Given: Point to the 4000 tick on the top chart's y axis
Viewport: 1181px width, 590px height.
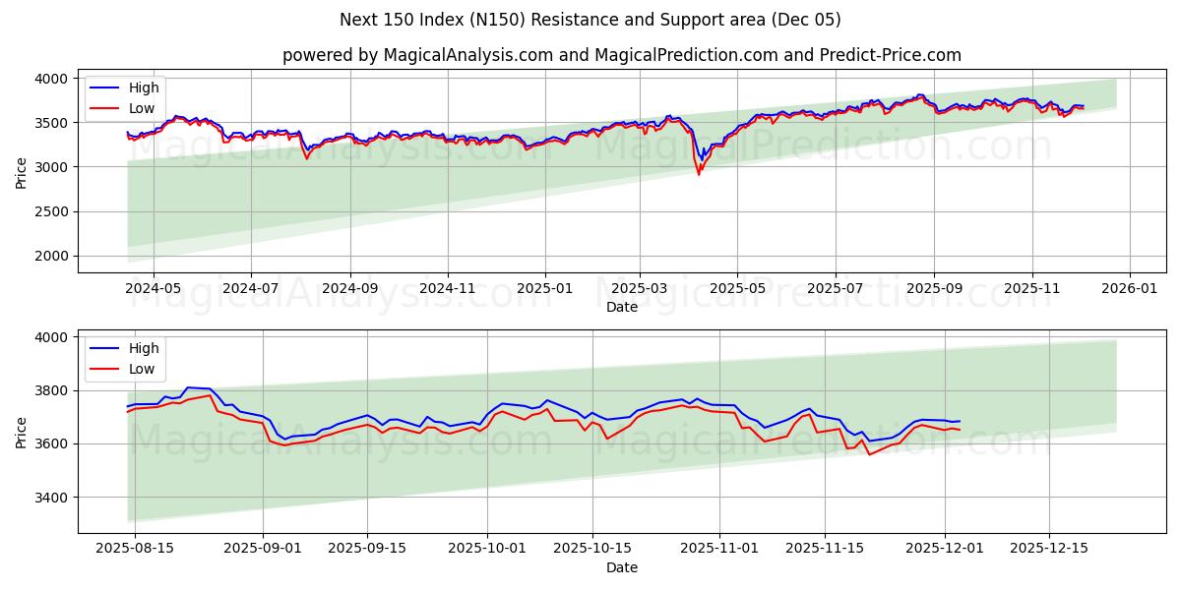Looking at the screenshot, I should (51, 79).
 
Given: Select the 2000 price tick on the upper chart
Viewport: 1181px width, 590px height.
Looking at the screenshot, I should (51, 256).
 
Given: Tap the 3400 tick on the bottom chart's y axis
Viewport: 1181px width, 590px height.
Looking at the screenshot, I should (51, 498).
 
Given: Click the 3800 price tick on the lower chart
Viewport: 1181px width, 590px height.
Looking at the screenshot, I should (51, 390).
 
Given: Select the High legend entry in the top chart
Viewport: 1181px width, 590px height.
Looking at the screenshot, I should (144, 88).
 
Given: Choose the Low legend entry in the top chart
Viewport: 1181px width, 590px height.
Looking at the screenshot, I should (142, 108).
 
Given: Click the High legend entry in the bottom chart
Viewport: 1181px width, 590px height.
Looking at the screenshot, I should (144, 348).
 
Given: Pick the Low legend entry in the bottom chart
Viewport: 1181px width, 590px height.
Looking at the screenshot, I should (142, 369).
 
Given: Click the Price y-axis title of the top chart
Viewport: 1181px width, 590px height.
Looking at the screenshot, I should (22, 171).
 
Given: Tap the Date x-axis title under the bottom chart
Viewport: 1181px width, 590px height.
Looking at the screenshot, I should (621, 567).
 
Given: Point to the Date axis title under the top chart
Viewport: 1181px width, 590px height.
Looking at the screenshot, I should (621, 307).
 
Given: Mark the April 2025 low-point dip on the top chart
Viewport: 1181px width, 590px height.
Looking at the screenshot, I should (699, 173).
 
